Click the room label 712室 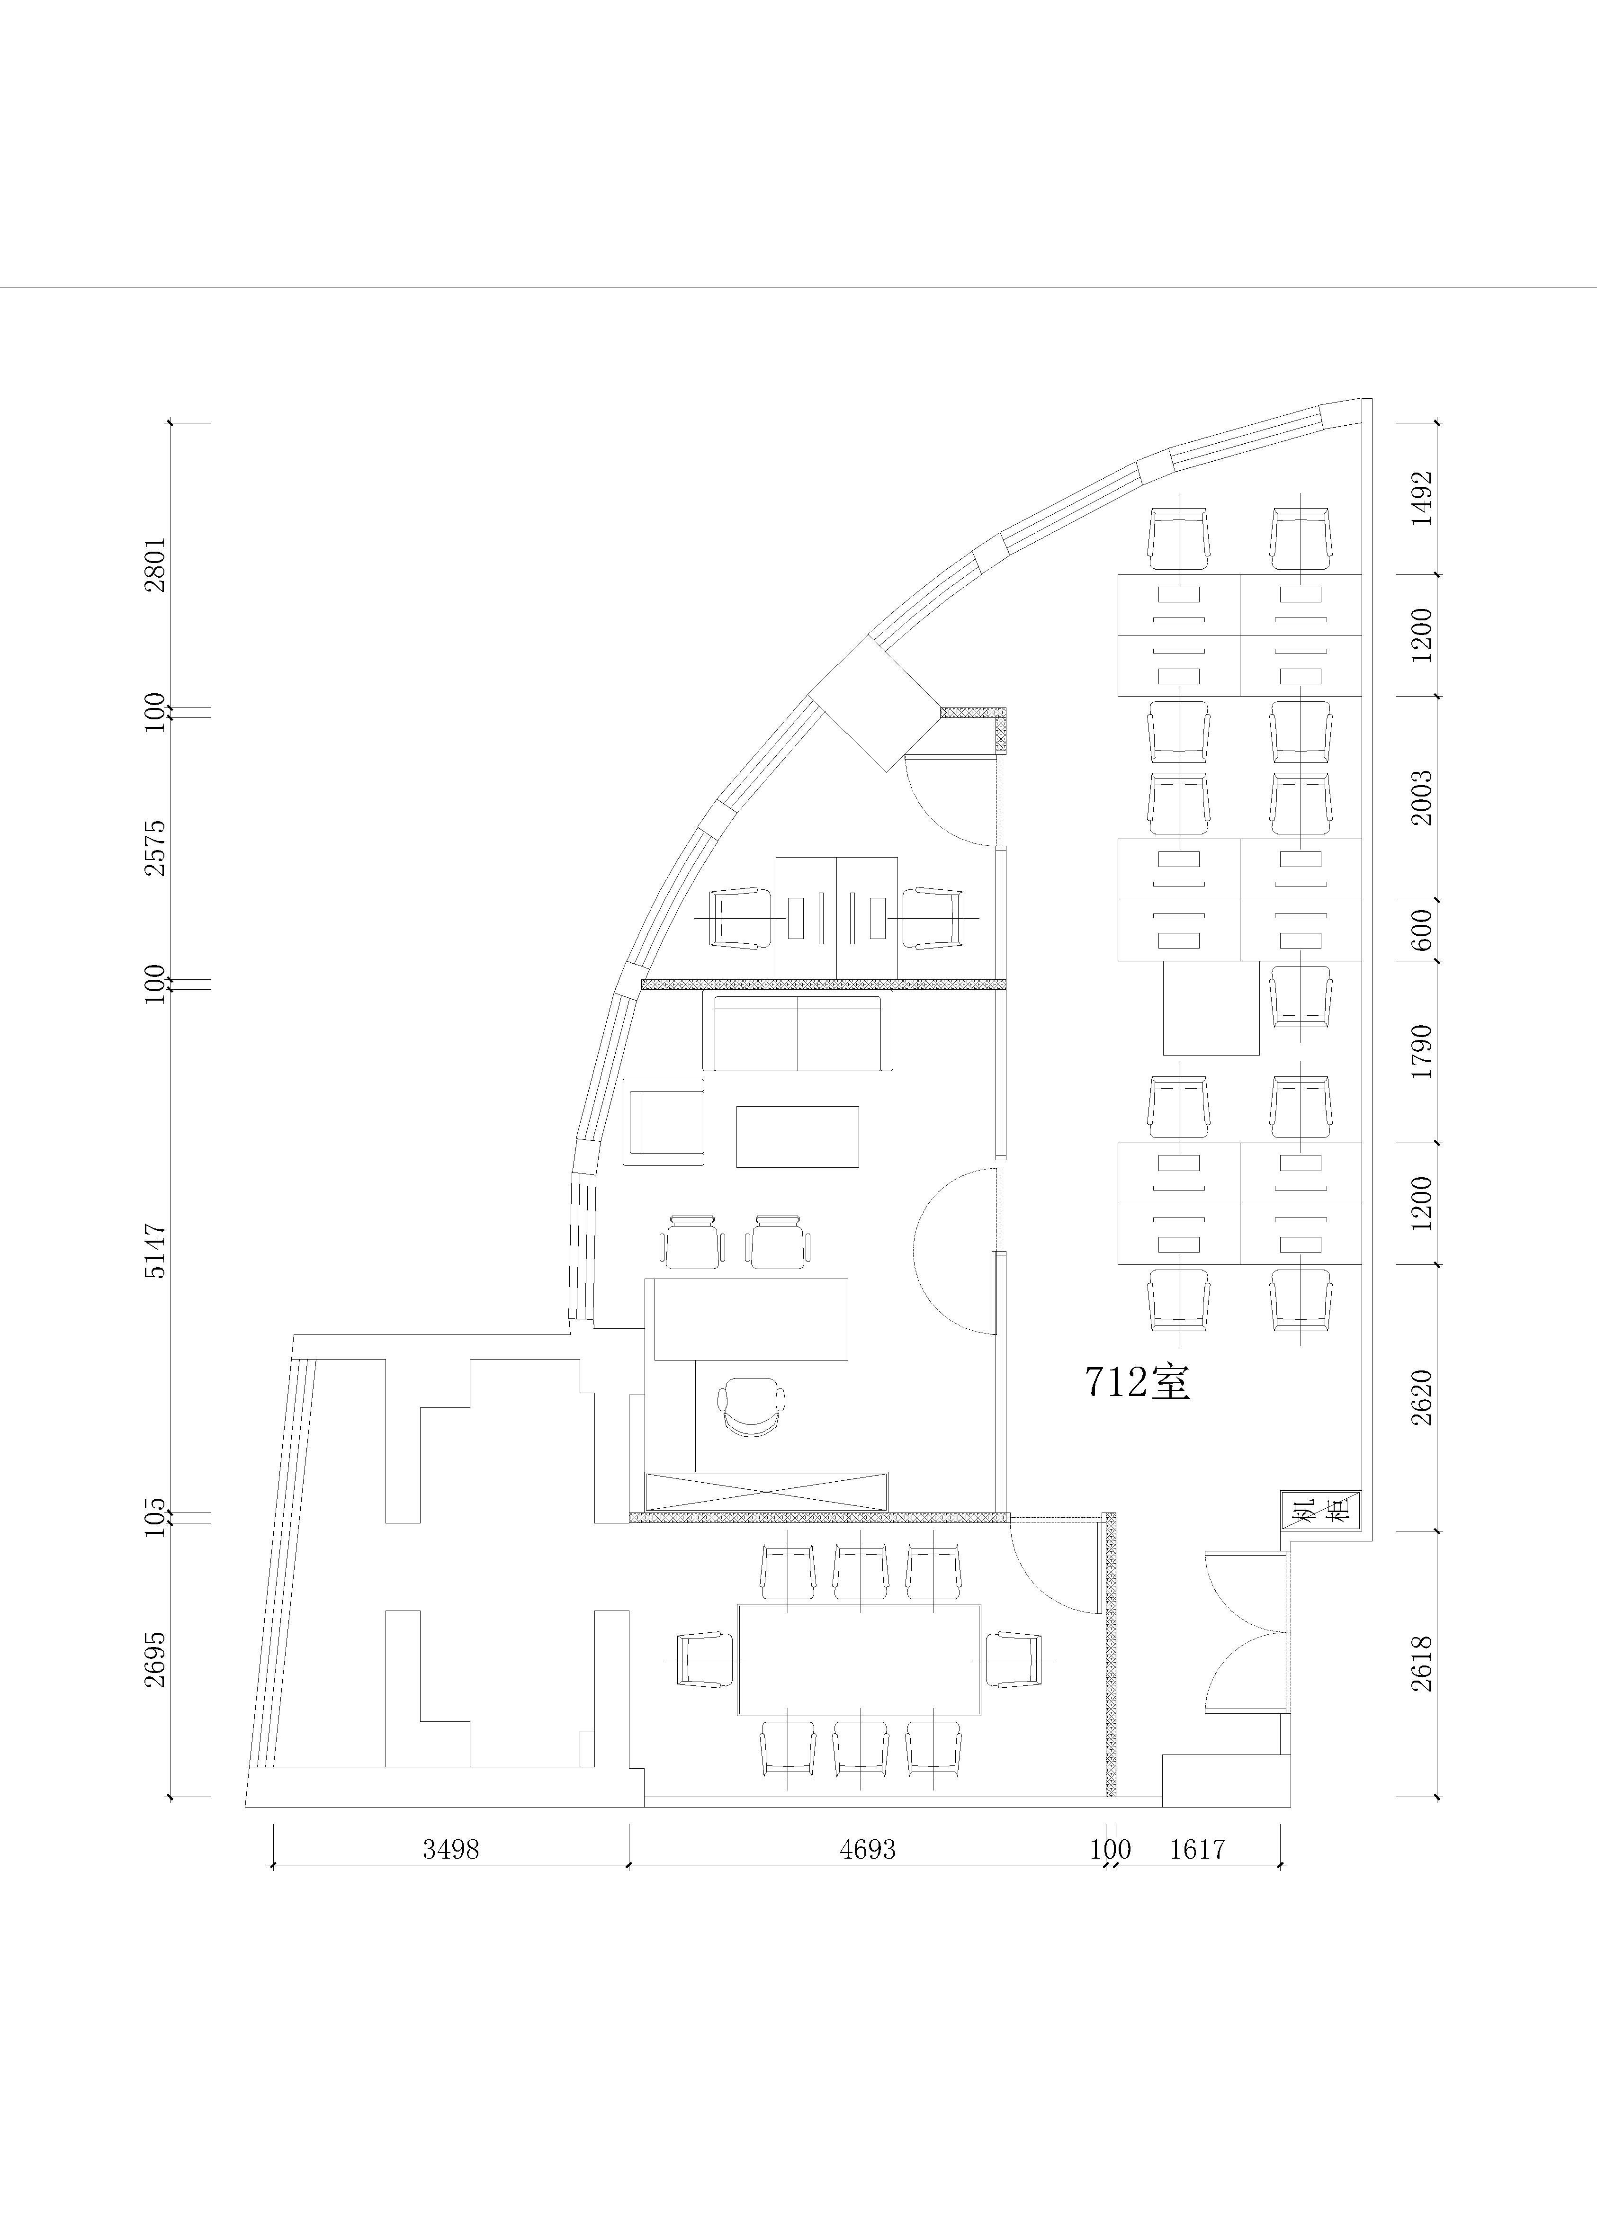click(1138, 1382)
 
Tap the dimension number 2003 click(1422, 797)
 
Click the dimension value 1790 click(1422, 1051)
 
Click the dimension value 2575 click(155, 848)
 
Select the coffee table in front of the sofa click(797, 1136)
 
